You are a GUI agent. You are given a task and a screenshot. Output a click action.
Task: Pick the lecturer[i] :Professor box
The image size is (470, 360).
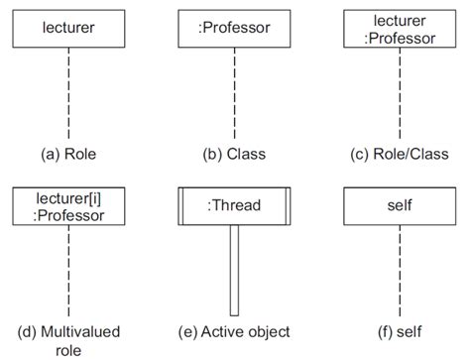coord(68,205)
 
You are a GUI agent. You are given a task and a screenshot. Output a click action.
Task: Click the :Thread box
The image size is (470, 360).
coord(234,206)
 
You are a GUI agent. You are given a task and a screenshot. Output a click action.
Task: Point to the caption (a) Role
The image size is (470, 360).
coord(68,154)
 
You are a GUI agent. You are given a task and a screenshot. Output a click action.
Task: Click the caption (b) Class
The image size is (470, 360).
coord(234,154)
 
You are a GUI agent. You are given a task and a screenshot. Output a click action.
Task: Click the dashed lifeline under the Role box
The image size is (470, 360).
coord(68,94)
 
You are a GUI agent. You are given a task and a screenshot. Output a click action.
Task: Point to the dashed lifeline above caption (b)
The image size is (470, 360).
coord(234,94)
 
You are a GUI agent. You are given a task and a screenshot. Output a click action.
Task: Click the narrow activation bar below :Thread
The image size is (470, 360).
coord(234,268)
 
